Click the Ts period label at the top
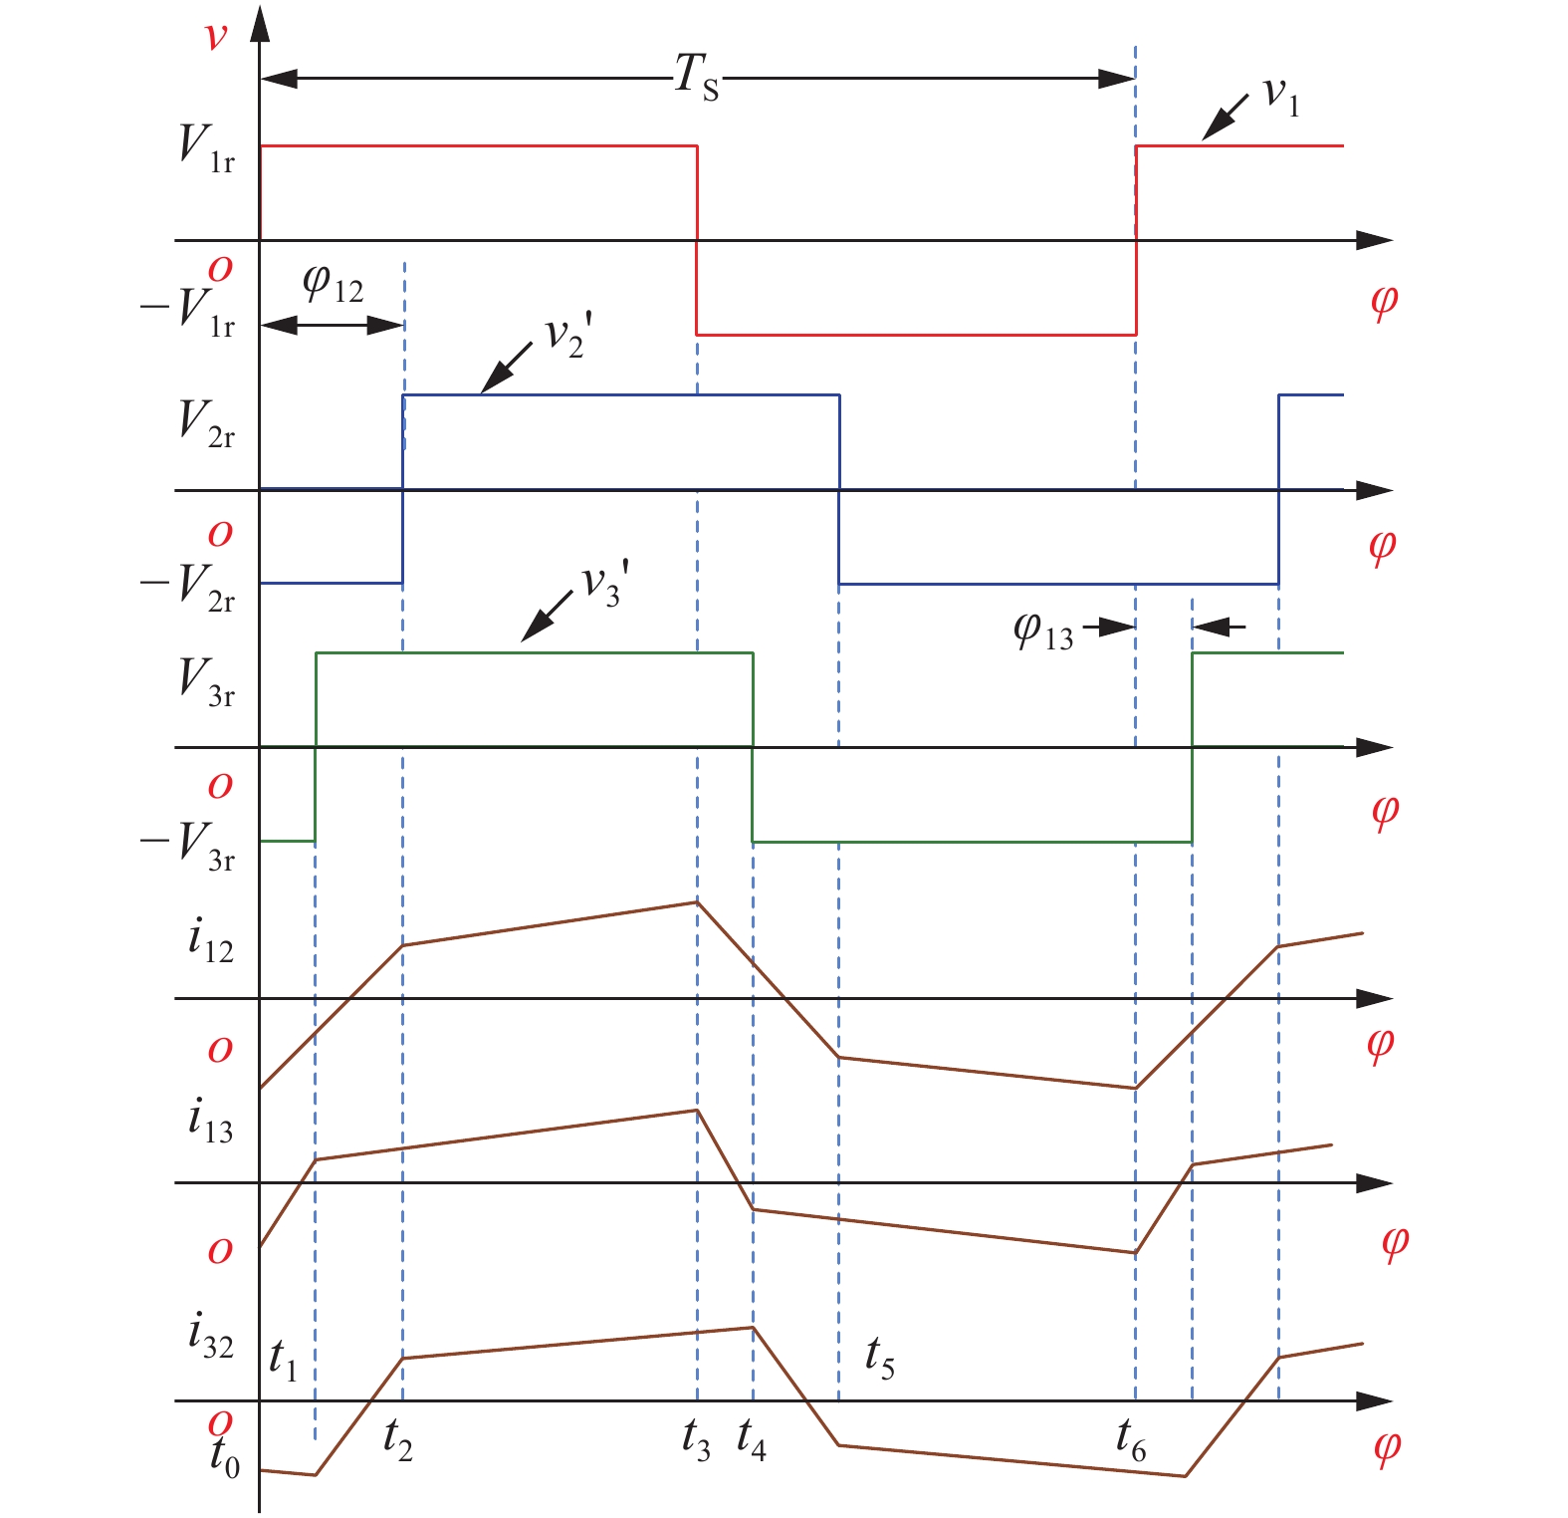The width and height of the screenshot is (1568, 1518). coord(696,77)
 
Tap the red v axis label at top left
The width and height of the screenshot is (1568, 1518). coord(215,37)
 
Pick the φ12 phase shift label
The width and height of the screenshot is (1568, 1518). coord(333,285)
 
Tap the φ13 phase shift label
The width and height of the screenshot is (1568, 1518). coord(1043,632)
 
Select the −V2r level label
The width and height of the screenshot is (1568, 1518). coord(188,586)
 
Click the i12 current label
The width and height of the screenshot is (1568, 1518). coord(210,941)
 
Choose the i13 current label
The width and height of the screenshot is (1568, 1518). coord(210,1121)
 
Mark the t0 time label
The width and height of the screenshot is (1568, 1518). coord(224,1456)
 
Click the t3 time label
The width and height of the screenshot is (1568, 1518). coord(696,1440)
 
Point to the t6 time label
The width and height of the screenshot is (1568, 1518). coord(1131,1440)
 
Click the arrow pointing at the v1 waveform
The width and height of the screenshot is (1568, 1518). coord(1226,118)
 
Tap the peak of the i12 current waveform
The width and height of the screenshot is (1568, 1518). coord(697,901)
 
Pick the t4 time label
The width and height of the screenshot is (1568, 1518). coord(752,1440)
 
